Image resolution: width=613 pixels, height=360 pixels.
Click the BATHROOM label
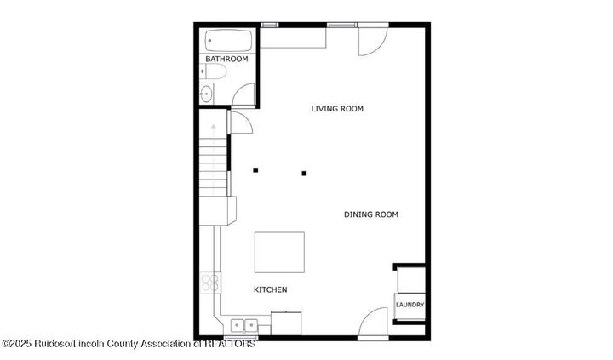pyautogui.click(x=226, y=60)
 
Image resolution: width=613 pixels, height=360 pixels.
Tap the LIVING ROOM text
pyautogui.click(x=337, y=109)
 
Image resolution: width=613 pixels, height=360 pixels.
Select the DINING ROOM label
pyautogui.click(x=370, y=214)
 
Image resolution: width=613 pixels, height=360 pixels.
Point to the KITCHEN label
pyautogui.click(x=271, y=290)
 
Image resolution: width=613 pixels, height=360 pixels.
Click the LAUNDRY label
pyautogui.click(x=410, y=305)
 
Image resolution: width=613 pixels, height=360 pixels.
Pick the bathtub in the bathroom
pyautogui.click(x=227, y=41)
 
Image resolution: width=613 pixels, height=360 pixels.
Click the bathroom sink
pyautogui.click(x=207, y=94)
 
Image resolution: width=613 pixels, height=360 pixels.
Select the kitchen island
pyautogui.click(x=279, y=252)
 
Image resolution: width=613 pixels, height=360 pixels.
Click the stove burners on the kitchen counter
pyautogui.click(x=210, y=283)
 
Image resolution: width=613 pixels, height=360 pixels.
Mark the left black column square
pyautogui.click(x=255, y=169)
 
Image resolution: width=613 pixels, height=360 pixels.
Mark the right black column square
pyautogui.click(x=304, y=174)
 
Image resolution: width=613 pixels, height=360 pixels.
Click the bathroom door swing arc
pyautogui.click(x=243, y=94)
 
